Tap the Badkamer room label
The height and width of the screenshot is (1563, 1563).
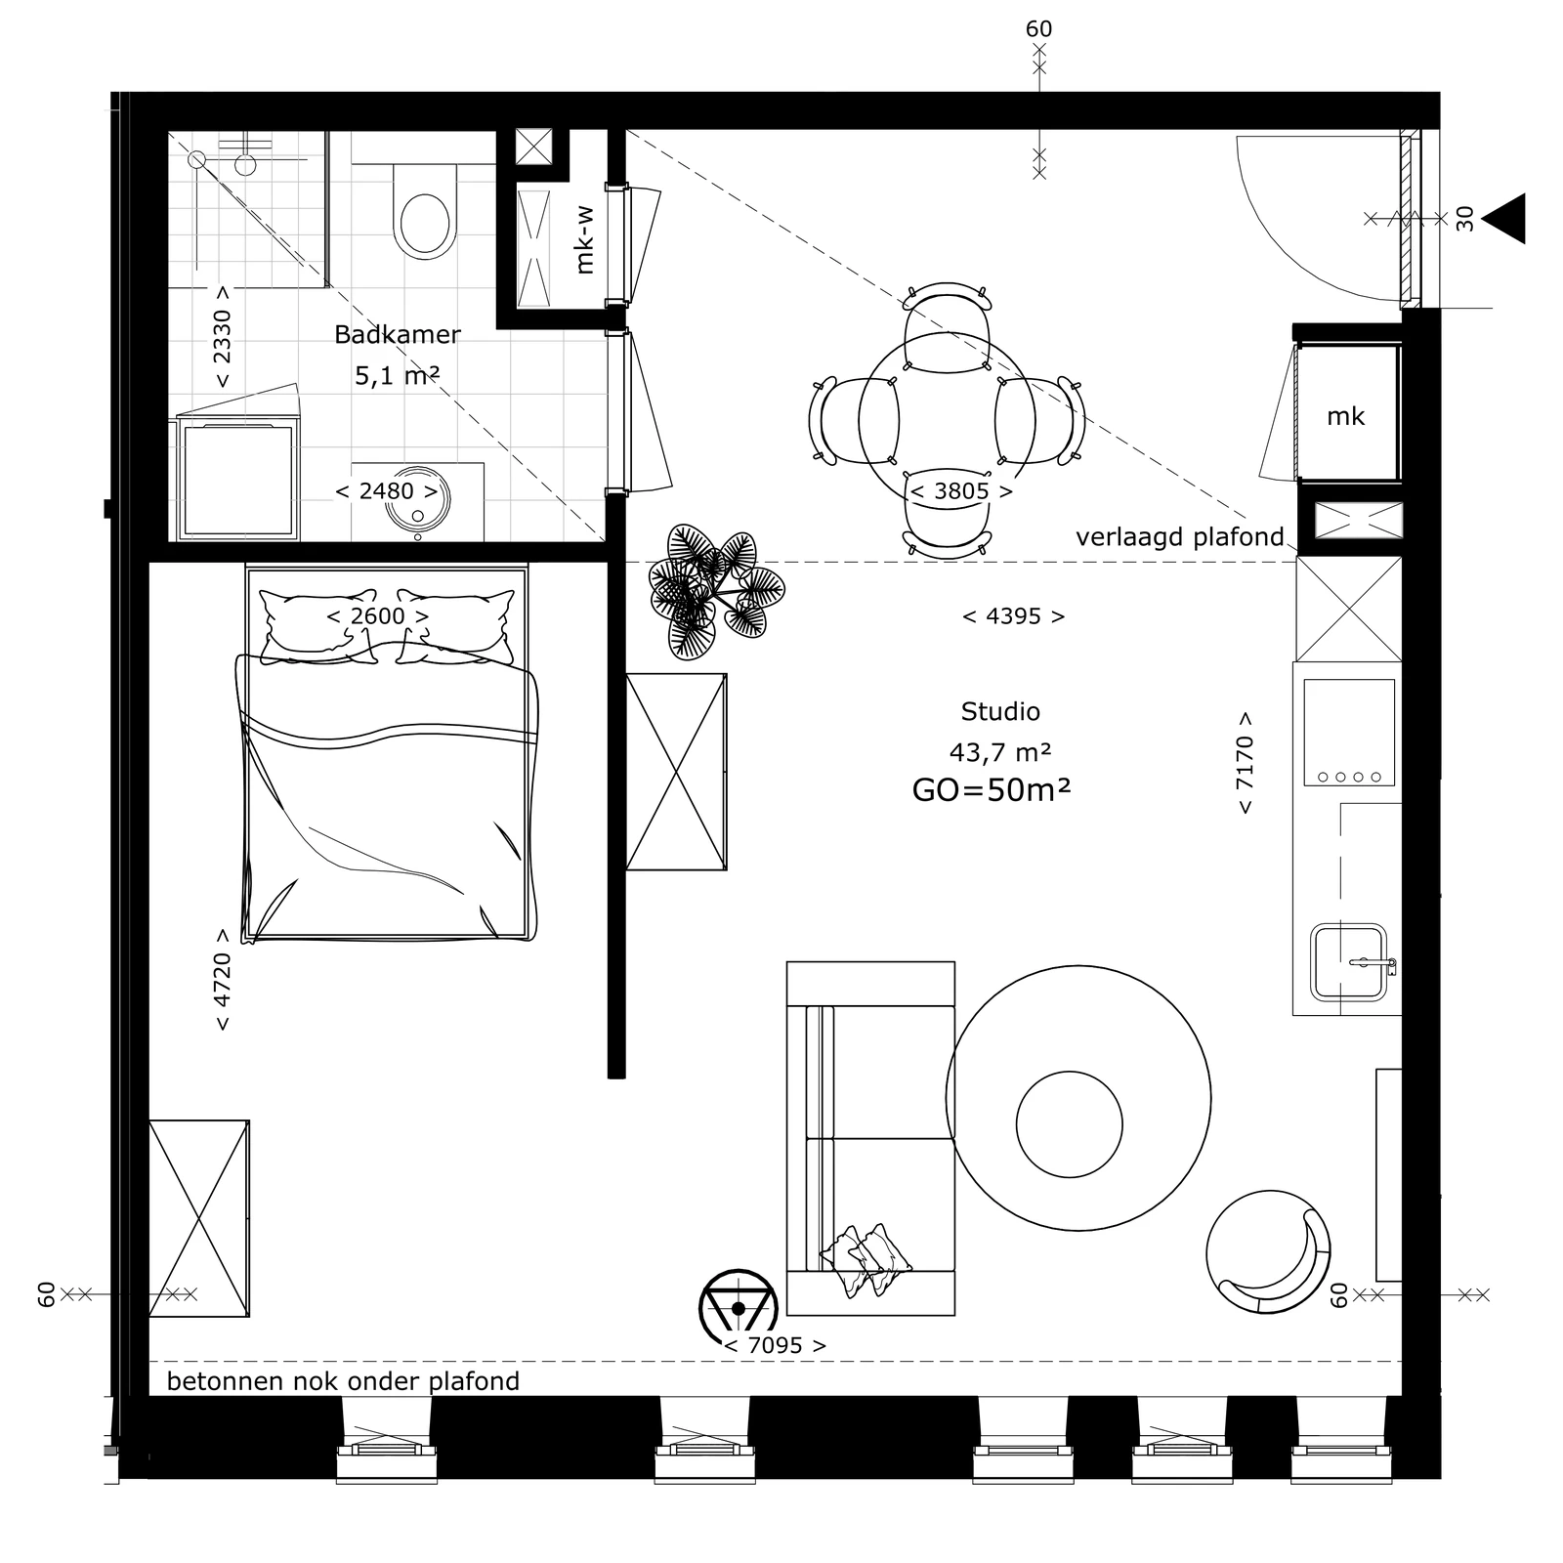pos(398,335)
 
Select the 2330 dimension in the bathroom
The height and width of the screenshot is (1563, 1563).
pos(223,337)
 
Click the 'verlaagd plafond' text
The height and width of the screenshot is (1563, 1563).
pos(1179,537)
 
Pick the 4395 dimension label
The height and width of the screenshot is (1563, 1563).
pos(1014,616)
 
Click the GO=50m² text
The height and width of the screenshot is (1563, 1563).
pos(991,789)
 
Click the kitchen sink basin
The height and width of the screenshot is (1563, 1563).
pos(1348,962)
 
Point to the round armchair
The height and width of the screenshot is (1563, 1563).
pos(1268,1252)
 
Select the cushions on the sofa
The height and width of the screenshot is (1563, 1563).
pos(866,1260)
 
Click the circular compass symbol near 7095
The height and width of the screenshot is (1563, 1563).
pos(738,1307)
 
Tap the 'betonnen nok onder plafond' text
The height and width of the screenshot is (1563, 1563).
pos(343,1381)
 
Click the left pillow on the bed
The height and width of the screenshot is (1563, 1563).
pos(318,626)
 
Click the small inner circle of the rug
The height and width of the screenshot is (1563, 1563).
pos(1069,1124)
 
